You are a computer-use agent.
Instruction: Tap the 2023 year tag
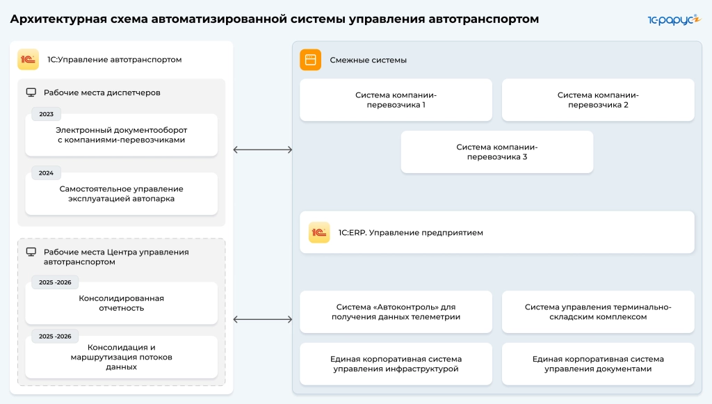coord(47,114)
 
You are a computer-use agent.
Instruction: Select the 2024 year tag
coord(47,173)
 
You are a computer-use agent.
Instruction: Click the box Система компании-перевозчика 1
coord(396,100)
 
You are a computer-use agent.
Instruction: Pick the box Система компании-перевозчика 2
coord(598,100)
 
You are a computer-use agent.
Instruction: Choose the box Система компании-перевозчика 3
coord(496,152)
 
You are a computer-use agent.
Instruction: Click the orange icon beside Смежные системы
coord(310,60)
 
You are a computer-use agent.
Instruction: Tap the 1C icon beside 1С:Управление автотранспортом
coord(28,60)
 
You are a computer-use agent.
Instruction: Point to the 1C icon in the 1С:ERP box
coord(319,232)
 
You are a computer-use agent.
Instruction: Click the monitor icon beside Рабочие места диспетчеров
coord(31,92)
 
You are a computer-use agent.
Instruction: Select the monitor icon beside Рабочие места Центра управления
coord(31,252)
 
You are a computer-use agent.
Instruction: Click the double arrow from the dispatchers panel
coord(262,150)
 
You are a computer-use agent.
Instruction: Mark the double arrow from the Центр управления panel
coord(262,319)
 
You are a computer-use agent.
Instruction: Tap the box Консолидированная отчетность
coord(121,303)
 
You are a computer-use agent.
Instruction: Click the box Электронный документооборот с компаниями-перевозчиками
coord(121,135)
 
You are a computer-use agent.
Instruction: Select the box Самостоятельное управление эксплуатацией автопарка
coord(121,194)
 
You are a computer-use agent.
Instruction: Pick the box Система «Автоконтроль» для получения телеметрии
coord(396,312)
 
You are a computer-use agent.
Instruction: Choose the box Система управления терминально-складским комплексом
coord(598,312)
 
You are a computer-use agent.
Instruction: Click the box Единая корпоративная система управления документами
coord(598,364)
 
